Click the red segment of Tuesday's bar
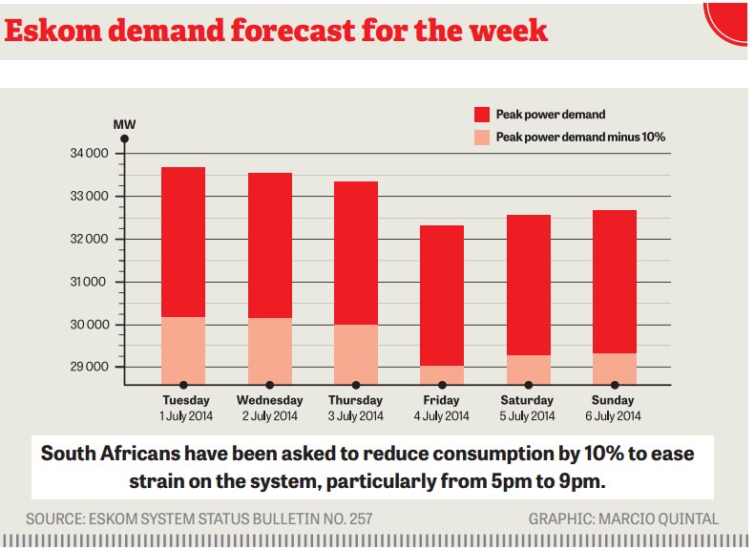(183, 242)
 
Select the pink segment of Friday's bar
(441, 374)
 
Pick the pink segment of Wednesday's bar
(269, 350)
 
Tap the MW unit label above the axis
(124, 124)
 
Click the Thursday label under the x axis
(355, 400)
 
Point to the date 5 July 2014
(527, 416)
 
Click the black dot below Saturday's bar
(527, 385)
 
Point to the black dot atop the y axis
(124, 139)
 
